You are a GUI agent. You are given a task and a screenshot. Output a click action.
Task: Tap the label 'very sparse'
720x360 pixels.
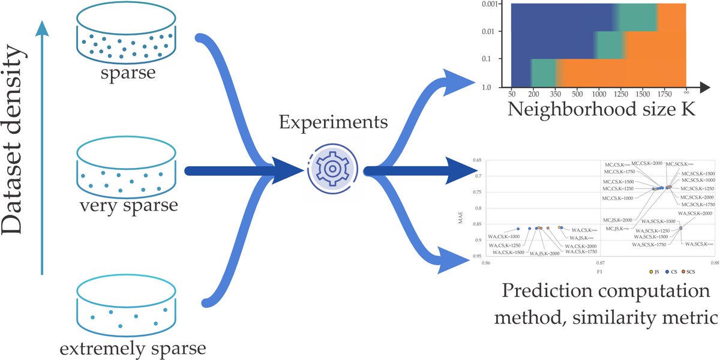[128, 206]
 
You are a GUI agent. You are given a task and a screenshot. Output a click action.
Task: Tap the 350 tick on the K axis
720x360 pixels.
[556, 95]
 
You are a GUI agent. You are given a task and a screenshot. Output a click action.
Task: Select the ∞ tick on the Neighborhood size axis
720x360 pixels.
[685, 95]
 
